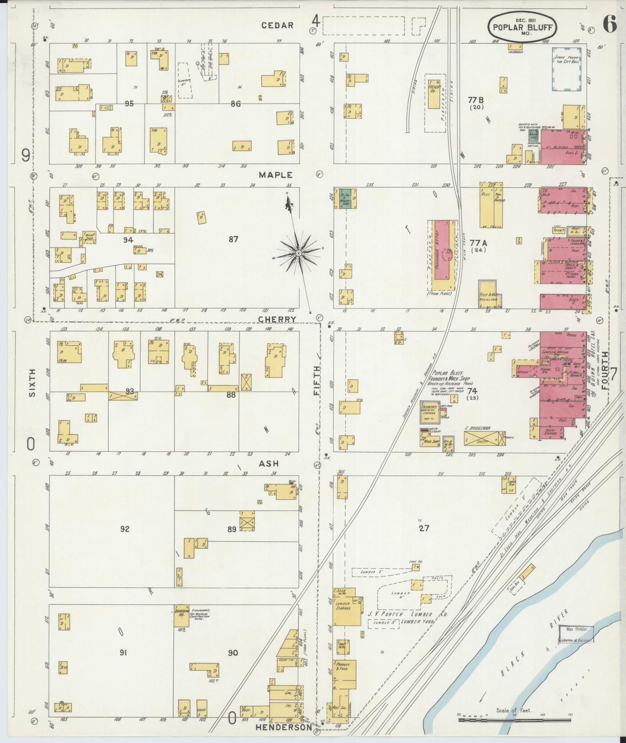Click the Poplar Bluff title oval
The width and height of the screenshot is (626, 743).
pyautogui.click(x=522, y=27)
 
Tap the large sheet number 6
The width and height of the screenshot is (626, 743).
pyautogui.click(x=609, y=25)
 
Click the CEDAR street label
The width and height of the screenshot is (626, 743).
pyautogui.click(x=278, y=26)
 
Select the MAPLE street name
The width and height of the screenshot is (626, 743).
pyautogui.click(x=276, y=175)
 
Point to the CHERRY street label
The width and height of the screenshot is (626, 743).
pyautogui.click(x=277, y=319)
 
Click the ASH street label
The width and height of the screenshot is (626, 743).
pyautogui.click(x=269, y=463)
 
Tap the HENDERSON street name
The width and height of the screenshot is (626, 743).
pyautogui.click(x=283, y=727)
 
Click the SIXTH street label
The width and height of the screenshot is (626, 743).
pyautogui.click(x=31, y=383)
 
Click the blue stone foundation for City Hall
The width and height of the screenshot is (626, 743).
pyautogui.click(x=567, y=69)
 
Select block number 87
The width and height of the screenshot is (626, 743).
pyautogui.click(x=234, y=239)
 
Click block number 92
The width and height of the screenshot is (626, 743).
pyautogui.click(x=125, y=529)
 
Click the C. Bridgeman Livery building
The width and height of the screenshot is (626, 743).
pyautogui.click(x=484, y=438)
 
